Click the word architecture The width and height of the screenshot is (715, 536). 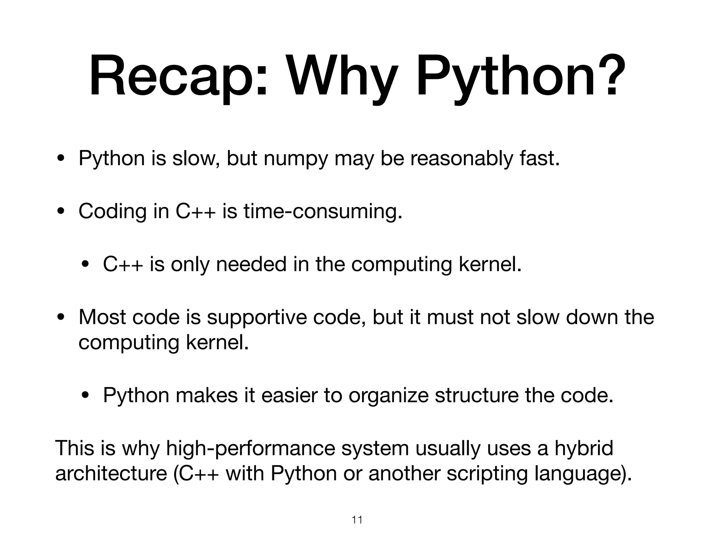tap(111, 474)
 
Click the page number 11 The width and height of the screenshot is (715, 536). tap(357, 520)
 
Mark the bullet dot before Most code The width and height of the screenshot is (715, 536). tap(61, 318)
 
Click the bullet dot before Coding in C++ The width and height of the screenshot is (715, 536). tap(61, 212)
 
